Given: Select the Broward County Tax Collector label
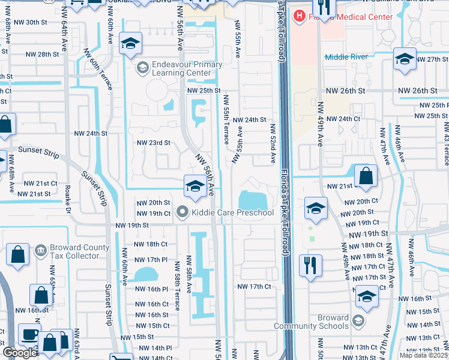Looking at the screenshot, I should (74, 251).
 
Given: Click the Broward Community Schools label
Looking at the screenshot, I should (311, 322).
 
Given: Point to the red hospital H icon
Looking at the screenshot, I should (298, 16).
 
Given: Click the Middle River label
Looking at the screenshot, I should (345, 57).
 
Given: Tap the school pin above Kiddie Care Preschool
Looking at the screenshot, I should (195, 186).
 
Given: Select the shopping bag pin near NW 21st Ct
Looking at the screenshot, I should (366, 176).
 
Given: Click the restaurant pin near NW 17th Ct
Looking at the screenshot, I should (310, 266).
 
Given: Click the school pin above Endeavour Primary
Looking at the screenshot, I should (130, 44).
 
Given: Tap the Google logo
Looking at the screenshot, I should (20, 353).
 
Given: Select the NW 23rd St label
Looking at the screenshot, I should (154, 143).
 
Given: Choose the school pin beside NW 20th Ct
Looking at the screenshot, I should (316, 208).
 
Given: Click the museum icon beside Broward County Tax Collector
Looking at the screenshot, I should (41, 249).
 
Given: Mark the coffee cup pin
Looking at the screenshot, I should (29, 335).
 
